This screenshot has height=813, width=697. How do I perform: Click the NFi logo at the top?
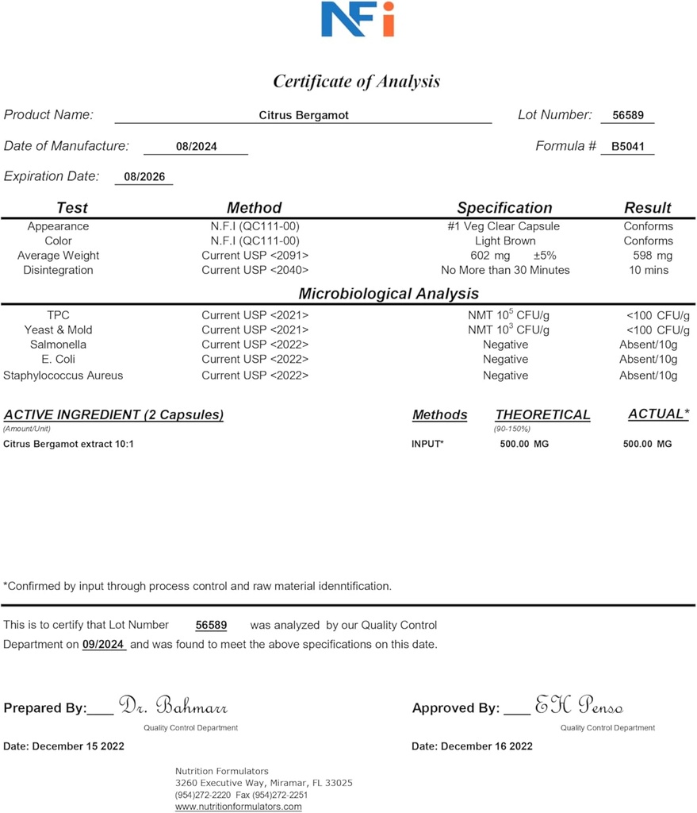coord(357,19)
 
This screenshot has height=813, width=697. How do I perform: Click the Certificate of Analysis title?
coord(356,81)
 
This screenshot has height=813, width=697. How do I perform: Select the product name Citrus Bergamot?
coord(304,115)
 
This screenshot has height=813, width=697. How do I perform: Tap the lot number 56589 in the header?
coord(628,115)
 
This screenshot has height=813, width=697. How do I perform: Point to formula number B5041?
coord(628,146)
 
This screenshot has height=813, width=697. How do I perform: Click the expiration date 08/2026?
coord(144,177)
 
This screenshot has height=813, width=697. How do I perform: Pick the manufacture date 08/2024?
coord(197,147)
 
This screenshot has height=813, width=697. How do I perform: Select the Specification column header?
coord(504,208)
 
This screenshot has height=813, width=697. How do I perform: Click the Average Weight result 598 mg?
coord(653,256)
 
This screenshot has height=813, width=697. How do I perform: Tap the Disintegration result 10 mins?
coord(648,270)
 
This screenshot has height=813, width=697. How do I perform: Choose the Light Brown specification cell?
coord(505,241)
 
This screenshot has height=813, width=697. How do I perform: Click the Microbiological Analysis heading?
coord(389,294)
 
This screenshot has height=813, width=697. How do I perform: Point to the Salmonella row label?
coord(59,345)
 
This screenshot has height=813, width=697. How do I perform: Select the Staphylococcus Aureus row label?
coord(63,376)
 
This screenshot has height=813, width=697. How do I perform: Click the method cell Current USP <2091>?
coord(255,256)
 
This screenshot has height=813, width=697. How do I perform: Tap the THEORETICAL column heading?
coord(542,414)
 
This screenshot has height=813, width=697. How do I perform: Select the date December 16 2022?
coord(472,746)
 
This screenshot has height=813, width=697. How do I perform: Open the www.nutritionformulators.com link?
coord(238,807)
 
